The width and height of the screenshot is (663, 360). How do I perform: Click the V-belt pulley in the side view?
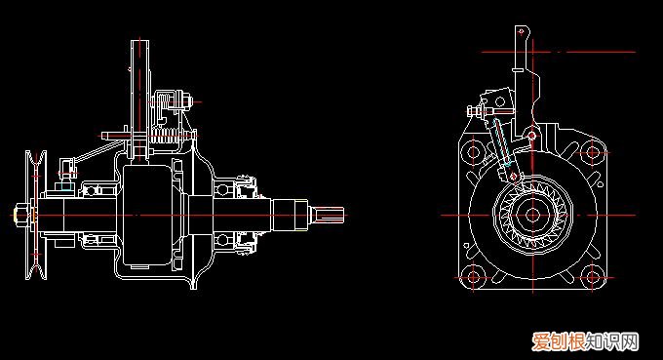36,215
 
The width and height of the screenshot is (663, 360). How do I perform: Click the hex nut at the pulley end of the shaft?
20,215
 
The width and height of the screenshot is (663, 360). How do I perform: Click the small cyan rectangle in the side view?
65,186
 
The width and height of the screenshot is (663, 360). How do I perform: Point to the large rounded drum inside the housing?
147,215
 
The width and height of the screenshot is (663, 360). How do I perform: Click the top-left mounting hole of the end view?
474,151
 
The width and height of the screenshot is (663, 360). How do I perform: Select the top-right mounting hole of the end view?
593,151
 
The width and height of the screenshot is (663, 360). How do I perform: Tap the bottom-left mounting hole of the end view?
474,278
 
